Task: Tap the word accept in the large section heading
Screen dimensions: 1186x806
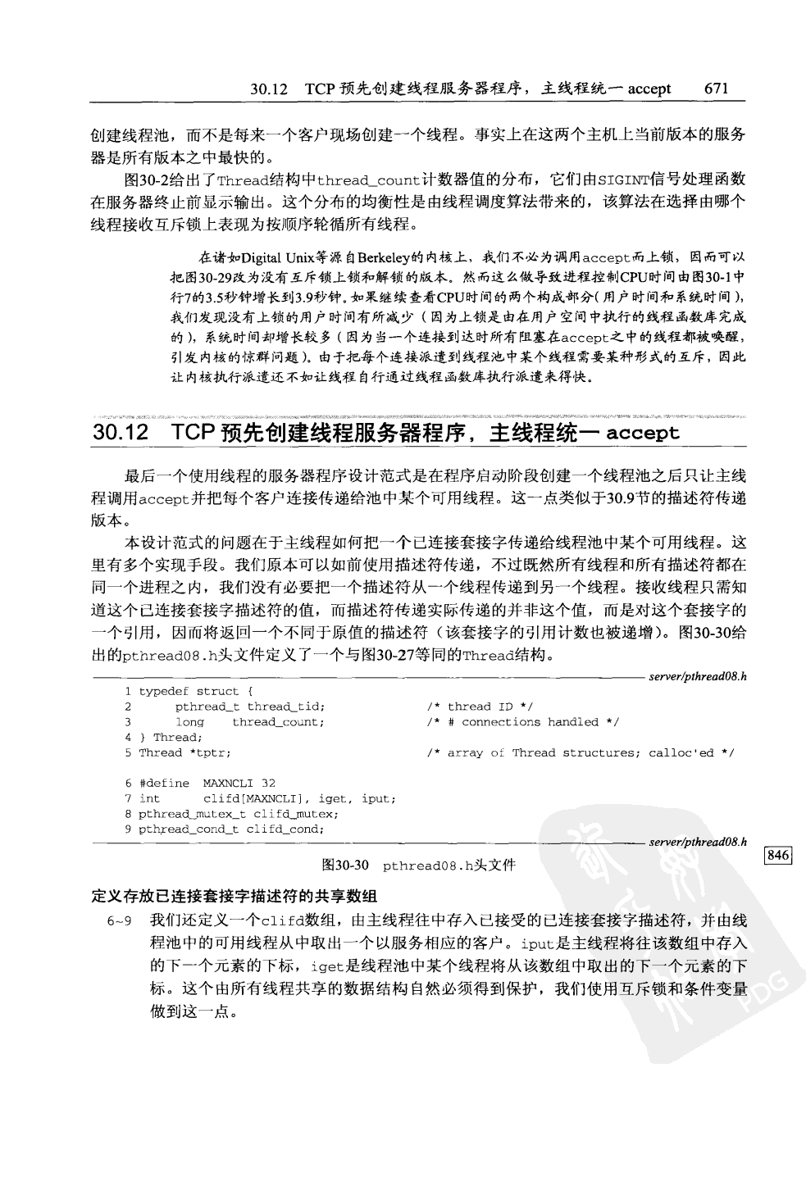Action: coord(643,434)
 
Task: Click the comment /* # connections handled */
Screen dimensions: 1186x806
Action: coord(522,722)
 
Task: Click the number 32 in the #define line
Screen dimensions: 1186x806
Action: coord(268,783)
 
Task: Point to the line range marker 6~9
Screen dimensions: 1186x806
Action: coord(120,920)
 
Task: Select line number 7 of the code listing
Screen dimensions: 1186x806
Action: coord(129,798)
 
